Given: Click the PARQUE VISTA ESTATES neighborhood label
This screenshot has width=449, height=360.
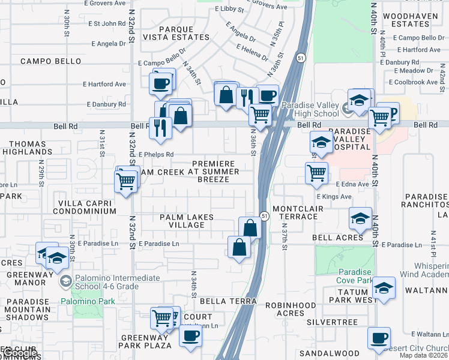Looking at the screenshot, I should click(x=184, y=32).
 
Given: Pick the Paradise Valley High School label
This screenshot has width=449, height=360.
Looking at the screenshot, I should click(x=309, y=109).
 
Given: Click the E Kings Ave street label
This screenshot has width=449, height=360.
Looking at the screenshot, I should click(x=334, y=196).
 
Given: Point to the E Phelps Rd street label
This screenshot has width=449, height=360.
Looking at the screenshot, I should click(x=155, y=154).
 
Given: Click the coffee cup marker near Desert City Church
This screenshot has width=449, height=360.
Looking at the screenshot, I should click(x=379, y=338).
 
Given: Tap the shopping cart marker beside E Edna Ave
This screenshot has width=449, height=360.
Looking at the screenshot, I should click(x=316, y=173).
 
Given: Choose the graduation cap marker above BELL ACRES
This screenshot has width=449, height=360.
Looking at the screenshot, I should click(x=360, y=218).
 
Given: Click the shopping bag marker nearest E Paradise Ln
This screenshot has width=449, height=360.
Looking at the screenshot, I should click(x=239, y=247).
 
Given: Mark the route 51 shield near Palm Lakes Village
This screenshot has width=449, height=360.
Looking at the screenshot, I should click(x=264, y=215).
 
